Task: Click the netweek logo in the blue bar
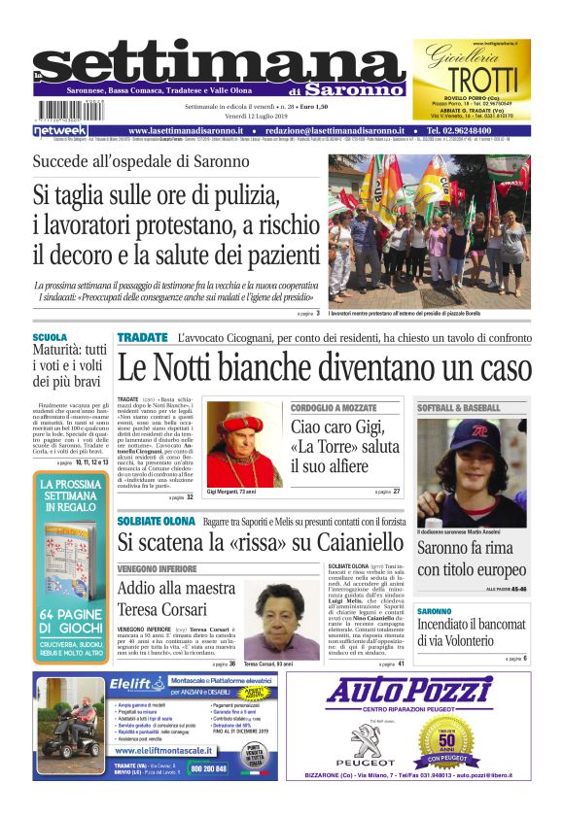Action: (x=60, y=130)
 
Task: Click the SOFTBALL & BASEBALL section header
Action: (x=459, y=408)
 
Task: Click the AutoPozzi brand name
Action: (x=422, y=690)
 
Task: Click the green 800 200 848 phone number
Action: (x=208, y=767)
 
